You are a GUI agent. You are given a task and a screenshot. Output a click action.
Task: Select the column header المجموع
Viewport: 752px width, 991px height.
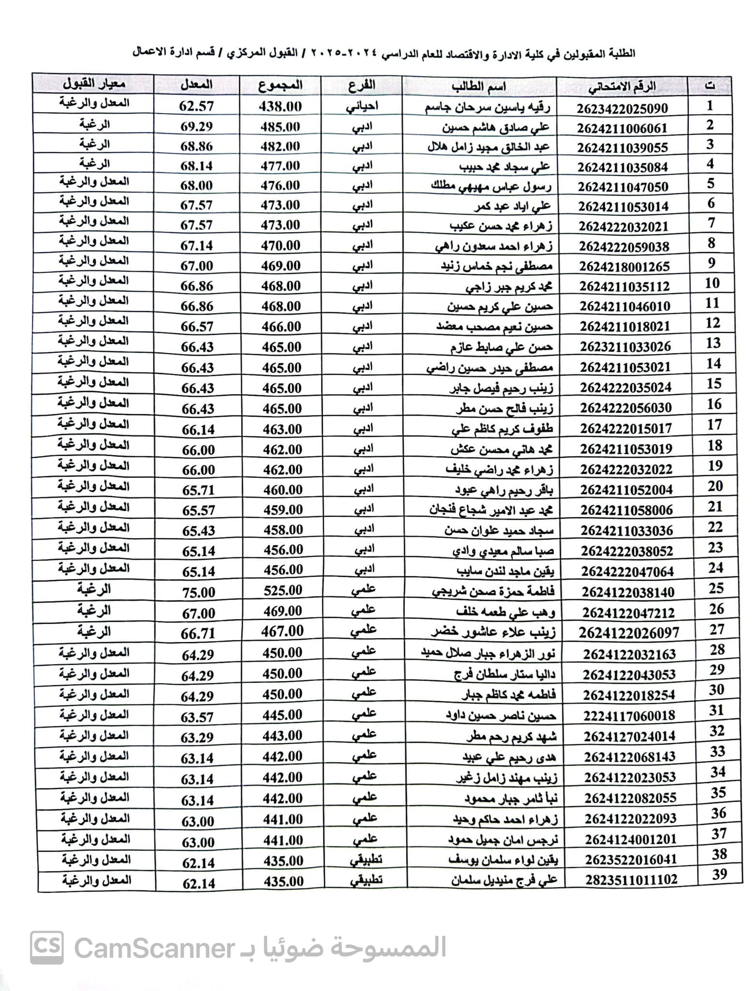280,86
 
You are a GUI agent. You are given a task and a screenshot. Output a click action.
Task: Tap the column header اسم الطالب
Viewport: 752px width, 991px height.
479,87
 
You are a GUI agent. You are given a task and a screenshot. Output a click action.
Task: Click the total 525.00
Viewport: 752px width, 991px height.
283,591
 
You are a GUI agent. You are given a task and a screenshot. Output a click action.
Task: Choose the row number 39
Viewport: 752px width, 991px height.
720,874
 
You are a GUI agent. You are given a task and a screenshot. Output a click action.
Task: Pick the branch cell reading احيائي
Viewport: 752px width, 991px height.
362,106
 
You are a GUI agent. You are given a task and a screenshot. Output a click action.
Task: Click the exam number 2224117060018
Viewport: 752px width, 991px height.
629,715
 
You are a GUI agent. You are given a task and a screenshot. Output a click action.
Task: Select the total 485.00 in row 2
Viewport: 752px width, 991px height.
280,127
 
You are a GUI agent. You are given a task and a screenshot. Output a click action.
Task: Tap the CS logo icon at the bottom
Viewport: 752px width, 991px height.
46,947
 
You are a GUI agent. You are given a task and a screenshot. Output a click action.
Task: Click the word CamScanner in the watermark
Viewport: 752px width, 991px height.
154,948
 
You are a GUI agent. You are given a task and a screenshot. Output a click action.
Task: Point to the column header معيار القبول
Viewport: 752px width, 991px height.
94,84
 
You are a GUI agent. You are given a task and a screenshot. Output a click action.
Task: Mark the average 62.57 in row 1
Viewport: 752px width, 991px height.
196,106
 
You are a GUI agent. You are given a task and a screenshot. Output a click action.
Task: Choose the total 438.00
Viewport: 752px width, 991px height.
280,106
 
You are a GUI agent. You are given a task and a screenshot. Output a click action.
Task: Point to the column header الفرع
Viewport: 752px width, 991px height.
361,86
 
